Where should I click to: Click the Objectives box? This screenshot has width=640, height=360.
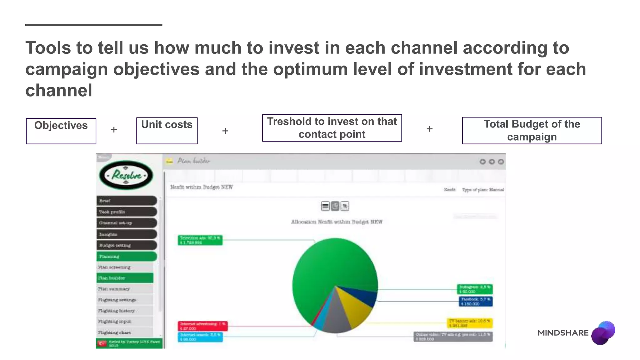[61, 131]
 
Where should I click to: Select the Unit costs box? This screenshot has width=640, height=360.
[167, 131]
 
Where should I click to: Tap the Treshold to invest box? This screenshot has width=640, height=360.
[332, 128]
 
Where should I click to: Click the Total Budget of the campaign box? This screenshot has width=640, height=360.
[532, 131]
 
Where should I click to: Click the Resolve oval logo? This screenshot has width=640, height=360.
[126, 175]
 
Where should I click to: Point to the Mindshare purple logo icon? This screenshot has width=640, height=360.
[603, 333]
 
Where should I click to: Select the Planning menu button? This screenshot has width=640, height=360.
[126, 256]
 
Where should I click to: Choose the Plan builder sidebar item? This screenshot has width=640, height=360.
[125, 278]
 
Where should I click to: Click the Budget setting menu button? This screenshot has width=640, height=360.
[126, 245]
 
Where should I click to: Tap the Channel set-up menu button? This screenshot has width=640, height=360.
[126, 223]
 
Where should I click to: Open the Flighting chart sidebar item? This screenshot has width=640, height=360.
[125, 332]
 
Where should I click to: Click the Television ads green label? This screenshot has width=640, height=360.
[200, 240]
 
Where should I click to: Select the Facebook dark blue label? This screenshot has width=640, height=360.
[475, 302]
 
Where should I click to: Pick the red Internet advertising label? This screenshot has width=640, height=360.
[202, 326]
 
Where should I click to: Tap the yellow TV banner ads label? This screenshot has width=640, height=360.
[469, 323]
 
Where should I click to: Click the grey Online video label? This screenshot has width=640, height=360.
[453, 337]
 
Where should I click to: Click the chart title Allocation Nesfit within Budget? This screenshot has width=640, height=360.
[337, 222]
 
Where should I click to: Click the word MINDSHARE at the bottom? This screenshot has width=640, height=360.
[563, 333]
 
